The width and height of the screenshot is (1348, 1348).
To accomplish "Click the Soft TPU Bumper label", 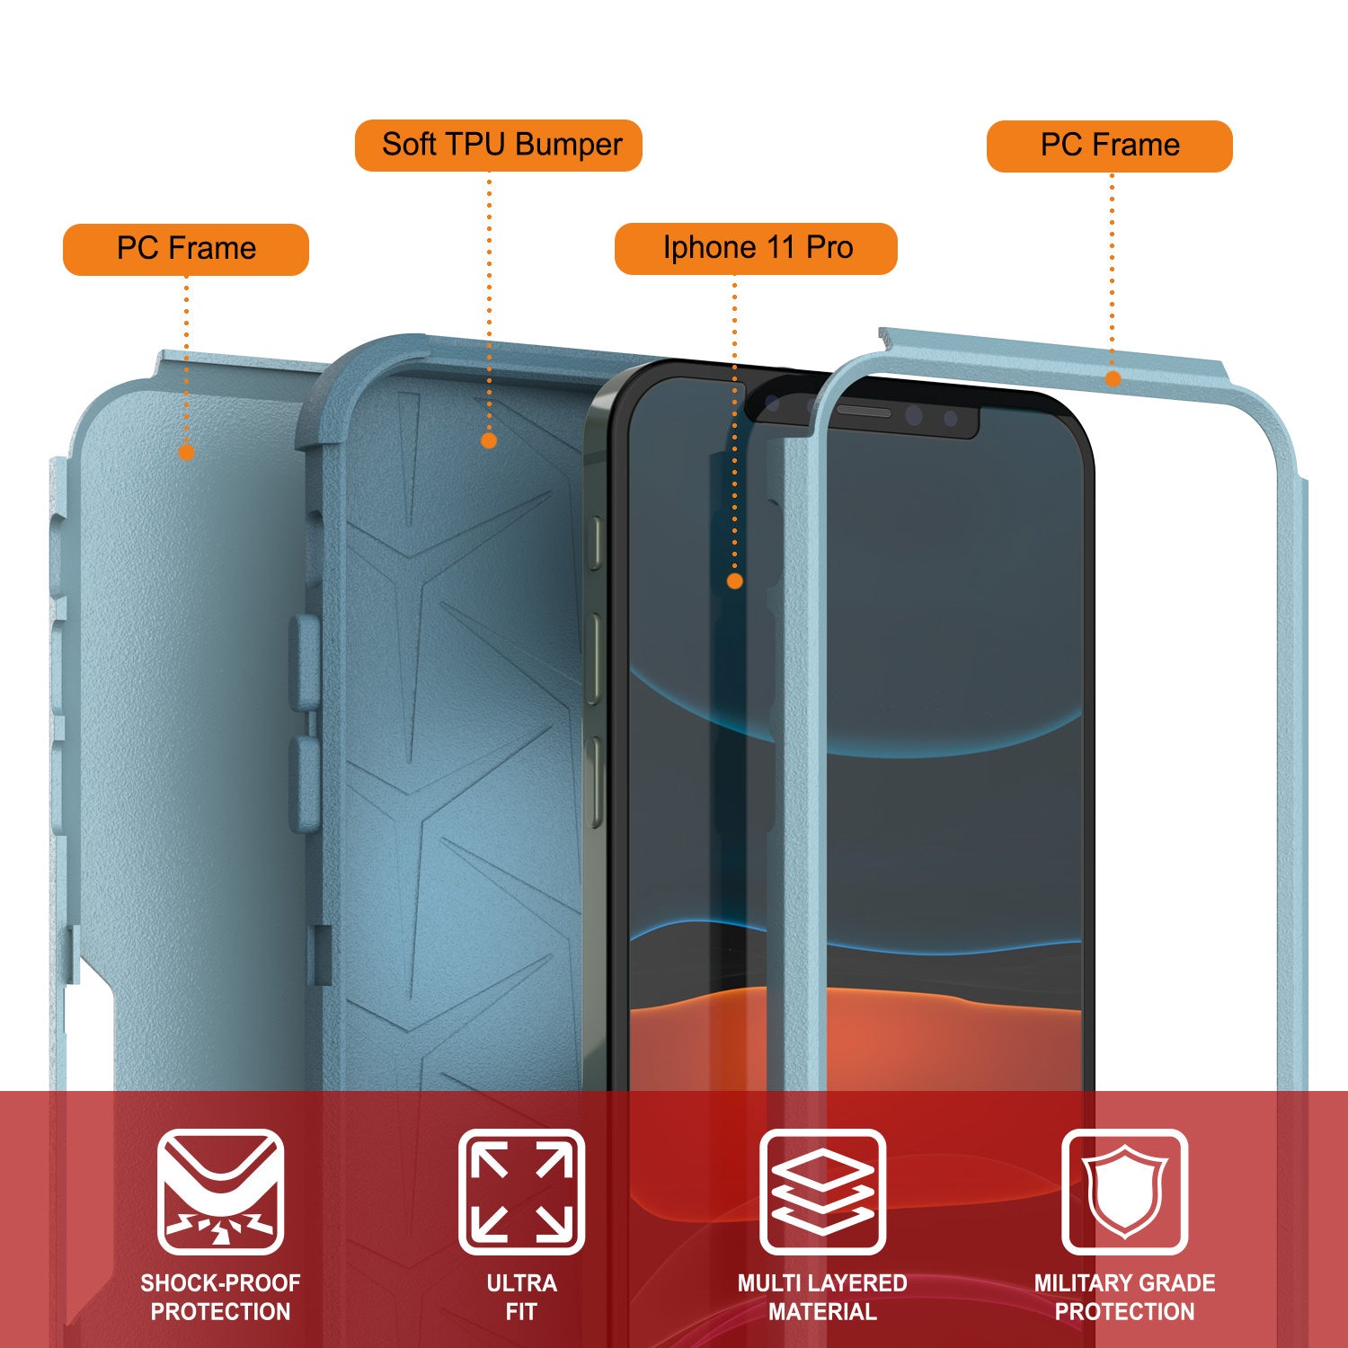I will (499, 145).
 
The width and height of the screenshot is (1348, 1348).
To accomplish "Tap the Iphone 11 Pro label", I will (756, 248).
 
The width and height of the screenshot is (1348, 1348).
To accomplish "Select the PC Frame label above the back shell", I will (186, 249).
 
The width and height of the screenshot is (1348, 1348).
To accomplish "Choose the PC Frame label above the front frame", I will (1109, 146).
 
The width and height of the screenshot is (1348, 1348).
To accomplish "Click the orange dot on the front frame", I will (1113, 378).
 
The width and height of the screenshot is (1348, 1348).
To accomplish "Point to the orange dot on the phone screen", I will (734, 581).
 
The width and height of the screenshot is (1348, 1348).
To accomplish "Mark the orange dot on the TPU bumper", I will (489, 440).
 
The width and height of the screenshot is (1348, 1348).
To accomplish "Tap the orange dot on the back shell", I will (187, 452).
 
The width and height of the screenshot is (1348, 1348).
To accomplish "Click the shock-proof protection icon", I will (220, 1192).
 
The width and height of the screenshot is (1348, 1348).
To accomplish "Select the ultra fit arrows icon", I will (521, 1192).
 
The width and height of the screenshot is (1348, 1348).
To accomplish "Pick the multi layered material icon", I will (822, 1192).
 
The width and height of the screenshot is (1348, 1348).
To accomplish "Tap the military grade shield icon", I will (1124, 1192).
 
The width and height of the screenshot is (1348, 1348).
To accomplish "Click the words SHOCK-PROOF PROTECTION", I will (220, 1297).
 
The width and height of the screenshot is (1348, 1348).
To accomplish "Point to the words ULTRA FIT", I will (521, 1297).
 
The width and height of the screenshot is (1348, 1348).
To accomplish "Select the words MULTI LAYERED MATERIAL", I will (822, 1297).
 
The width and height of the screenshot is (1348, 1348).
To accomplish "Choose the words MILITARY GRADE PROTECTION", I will (1124, 1297).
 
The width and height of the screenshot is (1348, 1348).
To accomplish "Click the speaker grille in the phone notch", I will (864, 412).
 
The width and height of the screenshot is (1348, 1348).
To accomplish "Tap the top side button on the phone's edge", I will (594, 542).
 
